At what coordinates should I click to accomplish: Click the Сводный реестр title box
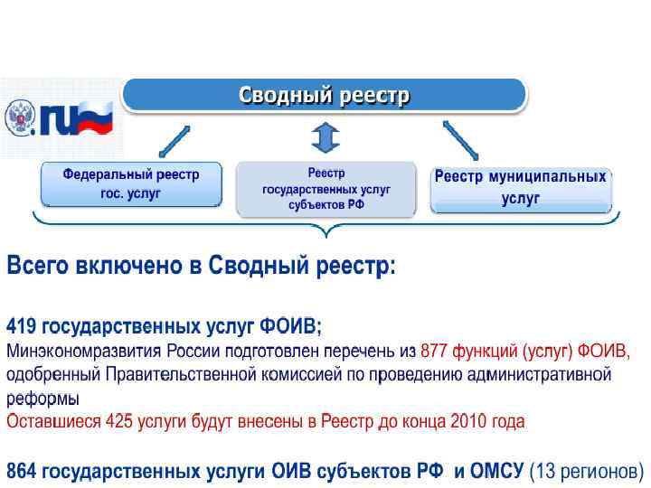click(x=324, y=95)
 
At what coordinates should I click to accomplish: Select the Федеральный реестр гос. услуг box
click(x=130, y=184)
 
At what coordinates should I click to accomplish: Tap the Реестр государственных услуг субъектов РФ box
click(x=325, y=188)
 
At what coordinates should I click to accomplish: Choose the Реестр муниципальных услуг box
click(x=520, y=188)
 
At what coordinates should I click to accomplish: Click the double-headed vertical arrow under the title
click(x=325, y=138)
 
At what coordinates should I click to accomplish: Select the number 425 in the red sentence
click(x=118, y=421)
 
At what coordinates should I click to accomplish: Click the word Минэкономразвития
click(x=83, y=350)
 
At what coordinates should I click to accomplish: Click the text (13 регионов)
click(x=587, y=471)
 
